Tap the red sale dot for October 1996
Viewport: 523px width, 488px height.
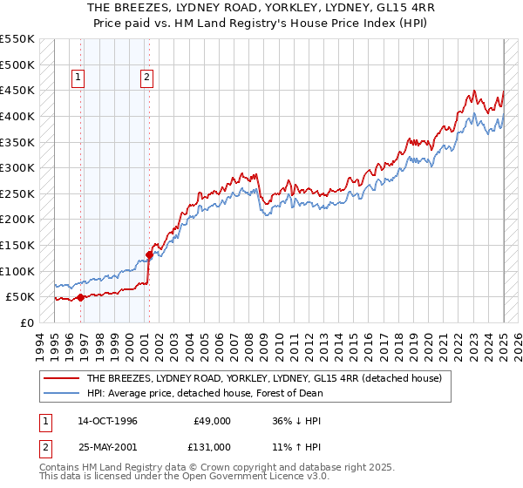click(x=80, y=297)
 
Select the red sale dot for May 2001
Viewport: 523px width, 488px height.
click(x=149, y=255)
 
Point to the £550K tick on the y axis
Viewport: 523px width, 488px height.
click(x=17, y=39)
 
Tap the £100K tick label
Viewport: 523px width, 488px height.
click(x=17, y=271)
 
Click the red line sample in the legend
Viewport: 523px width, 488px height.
click(x=60, y=378)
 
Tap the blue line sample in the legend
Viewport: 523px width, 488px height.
click(x=60, y=393)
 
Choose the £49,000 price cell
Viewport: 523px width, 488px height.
click(x=213, y=420)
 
